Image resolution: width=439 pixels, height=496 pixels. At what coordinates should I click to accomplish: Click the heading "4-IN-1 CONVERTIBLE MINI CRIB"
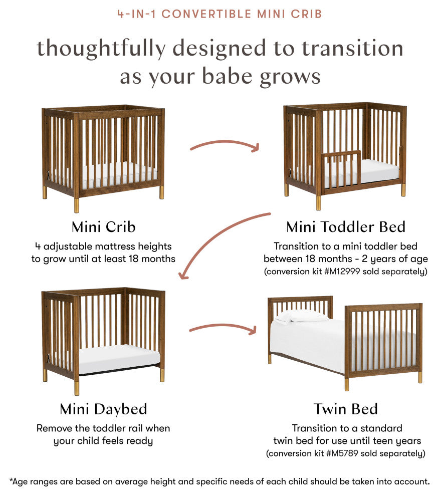coord(220,14)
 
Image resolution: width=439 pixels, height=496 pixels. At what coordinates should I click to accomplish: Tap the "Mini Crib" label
coord(103,227)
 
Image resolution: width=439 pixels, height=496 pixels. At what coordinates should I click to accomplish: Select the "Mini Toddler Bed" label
coord(345,227)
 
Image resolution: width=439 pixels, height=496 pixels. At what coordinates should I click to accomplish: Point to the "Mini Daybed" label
coord(103,409)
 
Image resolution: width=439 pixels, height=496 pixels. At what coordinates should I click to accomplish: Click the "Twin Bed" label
coord(345,409)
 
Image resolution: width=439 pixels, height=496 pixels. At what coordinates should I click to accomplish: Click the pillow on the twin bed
coord(302,316)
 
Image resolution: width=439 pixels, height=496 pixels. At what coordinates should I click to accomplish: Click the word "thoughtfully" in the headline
coord(100,49)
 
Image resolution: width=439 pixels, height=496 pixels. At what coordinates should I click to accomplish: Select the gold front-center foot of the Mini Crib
coord(77,205)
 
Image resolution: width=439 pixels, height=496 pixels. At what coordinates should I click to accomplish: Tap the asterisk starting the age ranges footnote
coord(11,481)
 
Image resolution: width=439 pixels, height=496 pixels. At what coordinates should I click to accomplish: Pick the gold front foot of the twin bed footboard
coord(347,384)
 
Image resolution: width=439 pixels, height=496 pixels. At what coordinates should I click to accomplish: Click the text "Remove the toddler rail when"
coord(103,428)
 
